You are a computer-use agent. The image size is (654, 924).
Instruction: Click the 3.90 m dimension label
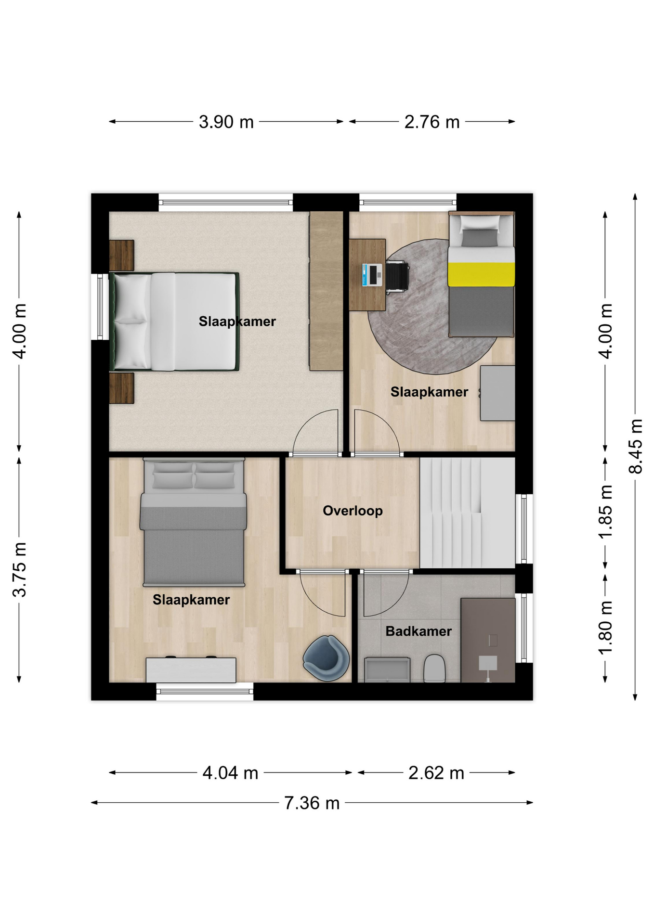(x=226, y=122)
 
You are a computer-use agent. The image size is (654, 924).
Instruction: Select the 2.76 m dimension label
(x=432, y=122)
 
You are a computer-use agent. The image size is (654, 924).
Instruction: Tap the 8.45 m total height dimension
(x=636, y=446)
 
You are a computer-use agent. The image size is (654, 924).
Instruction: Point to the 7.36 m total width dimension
(x=312, y=803)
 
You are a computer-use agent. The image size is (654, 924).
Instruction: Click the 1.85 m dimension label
(x=605, y=512)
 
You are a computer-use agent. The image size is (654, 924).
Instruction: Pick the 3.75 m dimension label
(x=19, y=569)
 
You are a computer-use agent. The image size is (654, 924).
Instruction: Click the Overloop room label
(x=353, y=511)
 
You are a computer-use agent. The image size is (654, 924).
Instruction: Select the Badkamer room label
(x=419, y=631)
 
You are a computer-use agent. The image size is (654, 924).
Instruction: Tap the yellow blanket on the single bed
(x=481, y=274)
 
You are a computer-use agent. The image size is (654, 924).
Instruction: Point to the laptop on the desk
(x=372, y=275)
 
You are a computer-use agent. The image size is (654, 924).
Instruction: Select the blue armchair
(x=326, y=658)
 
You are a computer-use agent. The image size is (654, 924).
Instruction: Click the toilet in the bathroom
(x=434, y=668)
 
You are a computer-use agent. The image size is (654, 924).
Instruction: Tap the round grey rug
(x=433, y=307)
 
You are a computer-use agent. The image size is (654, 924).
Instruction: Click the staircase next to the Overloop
(x=467, y=513)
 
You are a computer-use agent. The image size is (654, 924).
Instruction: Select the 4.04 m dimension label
(x=230, y=773)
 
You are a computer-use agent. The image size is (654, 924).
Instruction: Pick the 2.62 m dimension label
(x=436, y=773)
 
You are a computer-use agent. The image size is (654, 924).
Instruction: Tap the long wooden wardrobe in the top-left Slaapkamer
(x=326, y=291)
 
